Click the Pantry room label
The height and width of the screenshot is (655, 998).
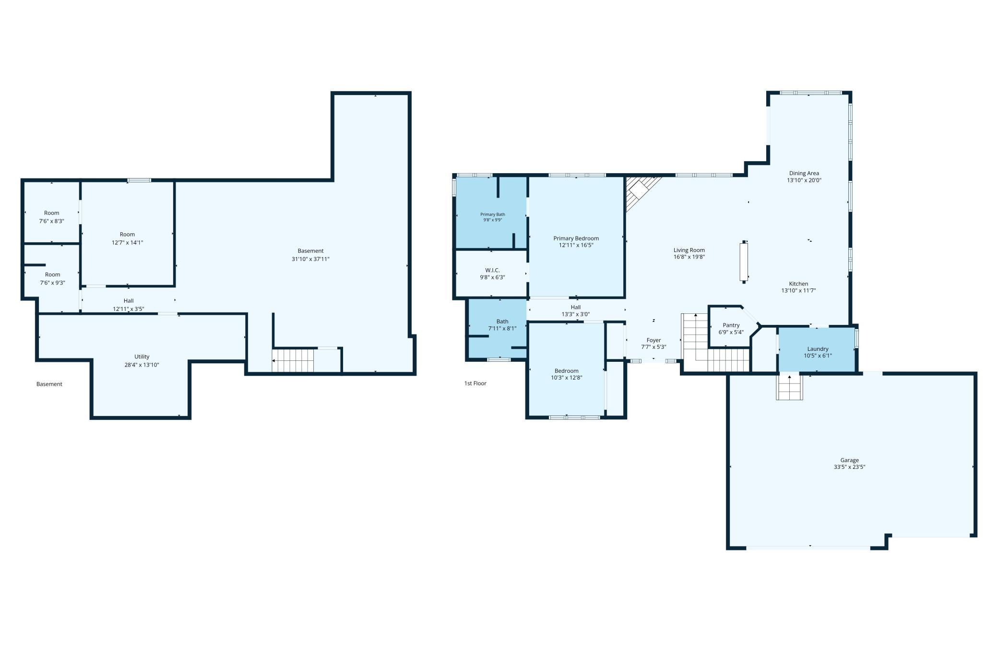pyautogui.click(x=731, y=325)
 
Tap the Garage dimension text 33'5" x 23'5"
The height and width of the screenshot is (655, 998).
pyautogui.click(x=849, y=467)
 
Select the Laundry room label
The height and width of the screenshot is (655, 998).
pyautogui.click(x=818, y=349)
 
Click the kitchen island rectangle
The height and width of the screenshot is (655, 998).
pyautogui.click(x=744, y=262)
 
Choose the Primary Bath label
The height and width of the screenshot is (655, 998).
pyautogui.click(x=493, y=214)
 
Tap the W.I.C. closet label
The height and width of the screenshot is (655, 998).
pyautogui.click(x=492, y=270)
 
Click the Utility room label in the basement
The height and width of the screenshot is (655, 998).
pyautogui.click(x=142, y=357)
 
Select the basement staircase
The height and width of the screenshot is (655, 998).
pyautogui.click(x=293, y=360)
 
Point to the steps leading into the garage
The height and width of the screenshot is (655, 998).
pyautogui.click(x=789, y=387)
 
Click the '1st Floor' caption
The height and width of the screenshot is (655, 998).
pyautogui.click(x=475, y=383)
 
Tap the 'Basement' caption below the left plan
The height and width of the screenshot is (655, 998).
pyautogui.click(x=49, y=384)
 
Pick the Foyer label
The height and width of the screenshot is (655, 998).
pyautogui.click(x=653, y=340)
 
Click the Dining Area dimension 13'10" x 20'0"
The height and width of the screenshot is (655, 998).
pyautogui.click(x=804, y=180)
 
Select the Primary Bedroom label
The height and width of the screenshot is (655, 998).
pyautogui.click(x=576, y=238)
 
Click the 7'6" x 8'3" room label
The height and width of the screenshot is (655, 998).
pyautogui.click(x=52, y=221)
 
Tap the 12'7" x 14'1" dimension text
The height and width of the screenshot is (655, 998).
pyautogui.click(x=128, y=243)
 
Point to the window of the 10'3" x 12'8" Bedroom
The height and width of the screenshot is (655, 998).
pyautogui.click(x=574, y=417)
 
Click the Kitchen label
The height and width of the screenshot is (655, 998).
pyautogui.click(x=798, y=284)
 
